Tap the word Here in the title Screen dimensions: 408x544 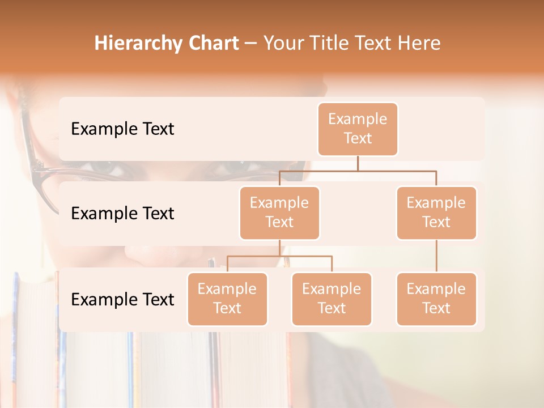(x=419, y=43)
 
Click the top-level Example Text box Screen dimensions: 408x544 (x=358, y=129)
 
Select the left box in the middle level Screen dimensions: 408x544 (x=279, y=212)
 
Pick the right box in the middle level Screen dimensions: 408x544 (x=436, y=212)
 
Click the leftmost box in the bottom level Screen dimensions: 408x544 (x=227, y=299)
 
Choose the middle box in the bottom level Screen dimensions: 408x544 (x=331, y=299)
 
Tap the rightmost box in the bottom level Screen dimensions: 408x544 (x=436, y=299)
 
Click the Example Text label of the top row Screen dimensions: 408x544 (x=122, y=129)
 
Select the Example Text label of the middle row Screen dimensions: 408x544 (x=122, y=213)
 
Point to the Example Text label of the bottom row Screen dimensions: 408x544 (x=122, y=299)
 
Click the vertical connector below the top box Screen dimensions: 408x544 (x=358, y=163)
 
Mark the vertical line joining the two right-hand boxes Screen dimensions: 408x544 (x=436, y=256)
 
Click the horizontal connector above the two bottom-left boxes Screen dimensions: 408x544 (x=279, y=256)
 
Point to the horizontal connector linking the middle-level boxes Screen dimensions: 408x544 (x=358, y=170)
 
